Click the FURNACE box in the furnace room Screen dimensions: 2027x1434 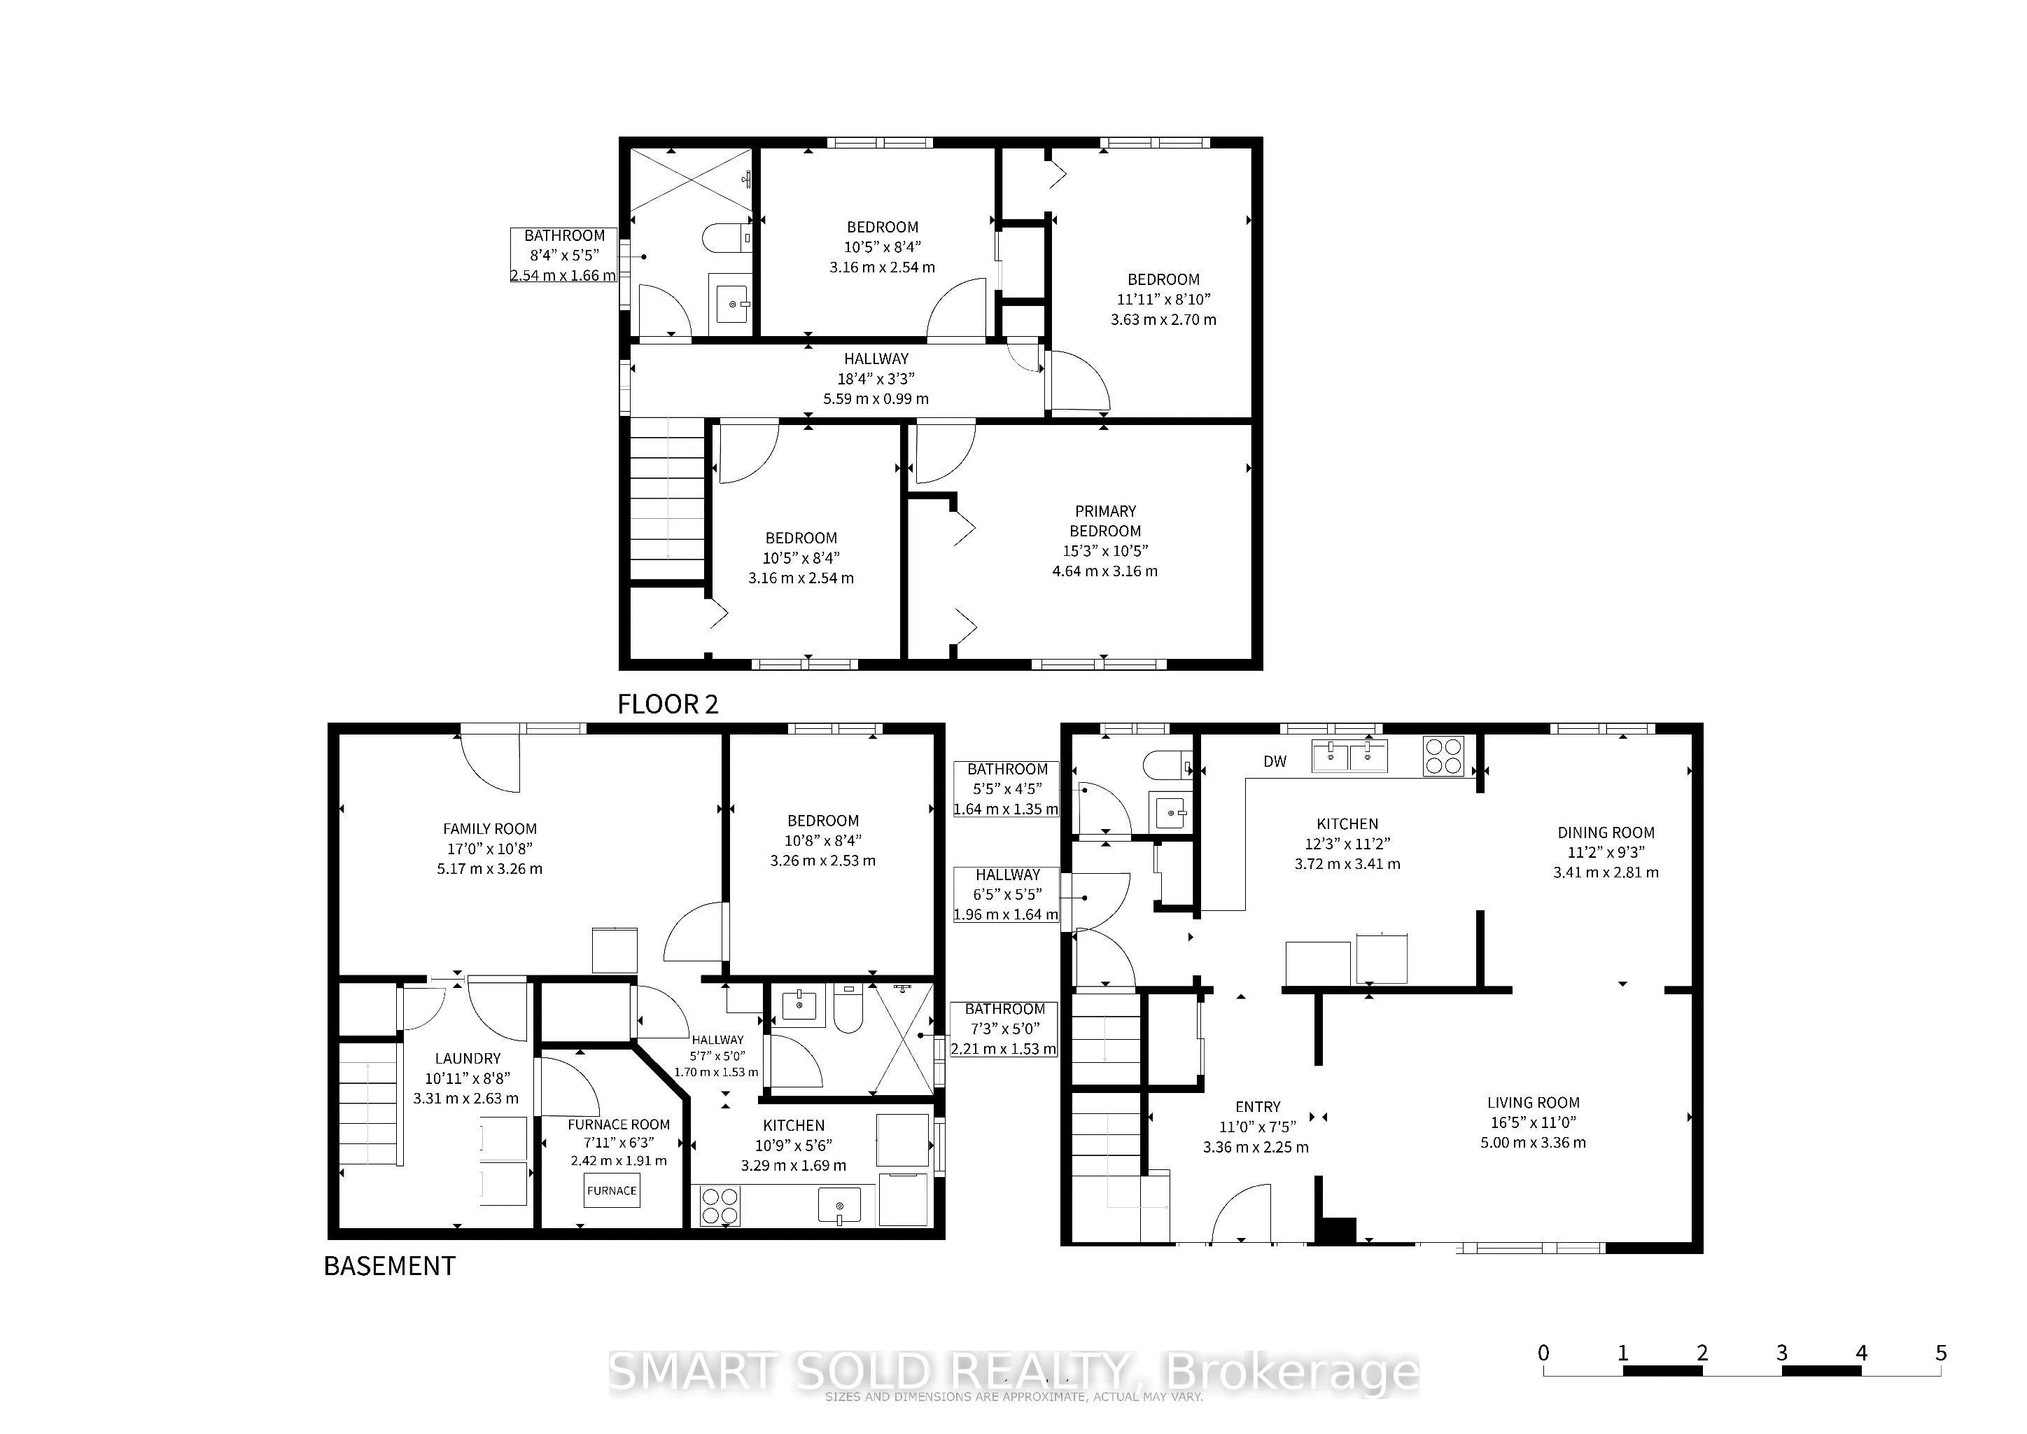[612, 1190]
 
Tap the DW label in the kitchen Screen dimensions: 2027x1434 [1275, 761]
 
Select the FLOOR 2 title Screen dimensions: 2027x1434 [668, 704]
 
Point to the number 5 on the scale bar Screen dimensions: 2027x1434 [1940, 1352]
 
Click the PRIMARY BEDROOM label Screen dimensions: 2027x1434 [1105, 521]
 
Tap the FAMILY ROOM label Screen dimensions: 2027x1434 [490, 828]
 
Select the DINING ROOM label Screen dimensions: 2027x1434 [1606, 832]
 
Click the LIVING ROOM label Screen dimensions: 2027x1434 [1534, 1102]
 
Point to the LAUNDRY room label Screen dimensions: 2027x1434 [468, 1058]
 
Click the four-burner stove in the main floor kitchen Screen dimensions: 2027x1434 [1443, 756]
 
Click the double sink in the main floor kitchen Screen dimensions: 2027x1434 [1349, 756]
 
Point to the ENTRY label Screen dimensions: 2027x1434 [1257, 1106]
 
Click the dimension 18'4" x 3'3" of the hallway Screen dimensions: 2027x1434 [876, 379]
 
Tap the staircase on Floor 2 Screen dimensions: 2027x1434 [668, 499]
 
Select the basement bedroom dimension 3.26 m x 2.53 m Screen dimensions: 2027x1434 [823, 860]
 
